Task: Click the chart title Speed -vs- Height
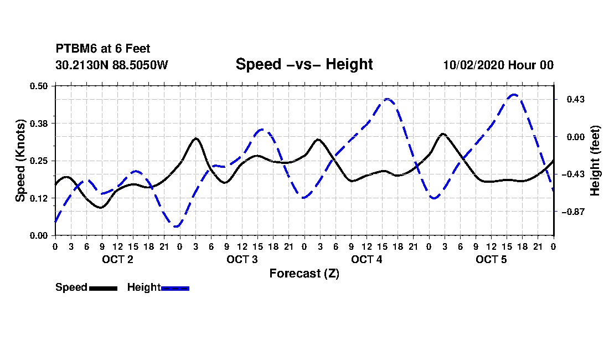coord(304,64)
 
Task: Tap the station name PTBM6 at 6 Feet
coord(103,49)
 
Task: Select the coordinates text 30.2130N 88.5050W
coord(112,65)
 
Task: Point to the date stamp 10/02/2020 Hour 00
coord(498,65)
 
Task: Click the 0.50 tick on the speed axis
coord(39,86)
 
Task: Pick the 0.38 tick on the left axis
coord(39,124)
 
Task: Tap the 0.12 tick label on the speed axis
coord(39,198)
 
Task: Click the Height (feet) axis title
coord(595,161)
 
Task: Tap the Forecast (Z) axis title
coord(304,274)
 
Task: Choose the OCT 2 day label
coord(118,259)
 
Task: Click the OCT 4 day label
coord(367,259)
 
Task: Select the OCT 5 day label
coord(491,259)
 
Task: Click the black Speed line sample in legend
coord(104,288)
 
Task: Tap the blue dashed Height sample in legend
coord(175,288)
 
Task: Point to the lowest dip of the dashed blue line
coord(177,226)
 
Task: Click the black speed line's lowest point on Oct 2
coord(101,208)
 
